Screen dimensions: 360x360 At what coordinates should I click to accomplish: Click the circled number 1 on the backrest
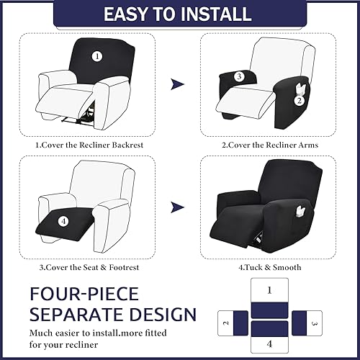point(98,55)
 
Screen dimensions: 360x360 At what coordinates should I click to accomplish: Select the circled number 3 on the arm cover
point(238,76)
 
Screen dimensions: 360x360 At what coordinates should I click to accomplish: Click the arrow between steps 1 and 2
point(176,85)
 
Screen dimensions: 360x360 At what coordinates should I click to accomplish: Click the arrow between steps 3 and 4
point(176,210)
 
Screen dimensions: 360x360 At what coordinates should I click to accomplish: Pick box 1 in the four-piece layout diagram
point(269,290)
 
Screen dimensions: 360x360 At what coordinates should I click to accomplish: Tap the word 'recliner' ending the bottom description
point(78,345)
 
